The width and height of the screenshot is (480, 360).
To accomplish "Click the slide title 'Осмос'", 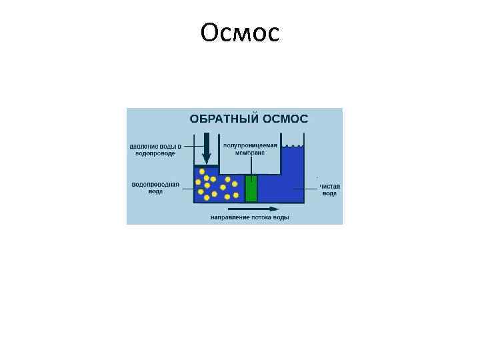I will click(x=239, y=31).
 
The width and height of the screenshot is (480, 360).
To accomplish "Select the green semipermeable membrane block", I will click(x=251, y=188).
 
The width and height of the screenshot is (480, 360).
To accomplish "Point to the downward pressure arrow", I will click(x=207, y=147).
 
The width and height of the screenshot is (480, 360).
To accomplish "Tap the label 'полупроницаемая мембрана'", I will click(x=250, y=148).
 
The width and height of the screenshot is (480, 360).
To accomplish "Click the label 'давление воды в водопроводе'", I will click(x=155, y=149).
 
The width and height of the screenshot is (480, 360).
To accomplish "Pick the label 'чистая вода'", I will click(x=329, y=190).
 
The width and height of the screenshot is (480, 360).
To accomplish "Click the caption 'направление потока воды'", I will click(x=249, y=217).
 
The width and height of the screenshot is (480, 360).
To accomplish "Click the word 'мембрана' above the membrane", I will click(x=250, y=153).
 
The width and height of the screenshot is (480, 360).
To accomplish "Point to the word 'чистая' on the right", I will click(x=330, y=187).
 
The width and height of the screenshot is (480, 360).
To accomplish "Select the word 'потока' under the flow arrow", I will click(x=257, y=217).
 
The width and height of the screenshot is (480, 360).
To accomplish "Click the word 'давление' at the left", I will click(x=143, y=146).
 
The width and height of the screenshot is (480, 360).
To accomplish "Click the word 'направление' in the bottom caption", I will click(x=225, y=217).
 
